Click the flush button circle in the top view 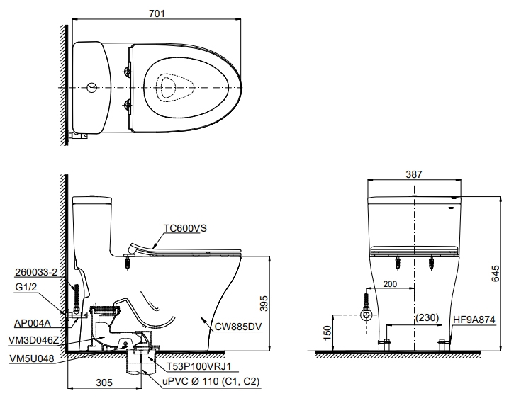[91, 88]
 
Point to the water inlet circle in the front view [367, 315]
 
